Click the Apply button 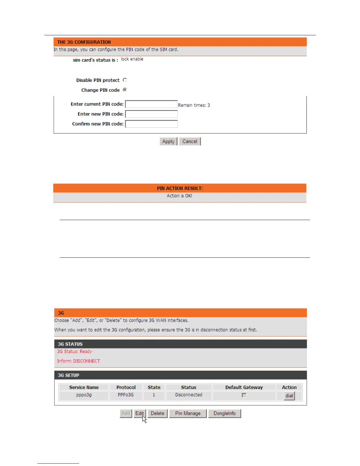click(x=168, y=142)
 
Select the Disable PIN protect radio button click(x=125, y=80)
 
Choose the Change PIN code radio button click(x=125, y=90)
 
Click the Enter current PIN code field click(x=151, y=104)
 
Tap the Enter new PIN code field click(x=151, y=114)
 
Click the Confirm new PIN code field click(x=151, y=124)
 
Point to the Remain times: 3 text click(x=194, y=105)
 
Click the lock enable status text click(x=132, y=59)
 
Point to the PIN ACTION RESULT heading click(x=180, y=188)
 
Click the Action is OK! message click(x=179, y=196)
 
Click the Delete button click(x=157, y=413)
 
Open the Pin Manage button click(x=188, y=413)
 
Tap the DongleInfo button click(x=224, y=413)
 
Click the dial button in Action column click(x=289, y=396)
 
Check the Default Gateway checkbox click(x=244, y=395)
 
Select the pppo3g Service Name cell click(x=84, y=395)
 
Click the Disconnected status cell click(x=189, y=395)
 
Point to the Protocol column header click(x=126, y=387)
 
